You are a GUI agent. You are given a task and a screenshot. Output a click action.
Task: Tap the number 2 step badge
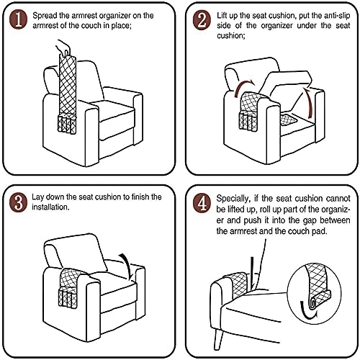click(204, 18)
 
